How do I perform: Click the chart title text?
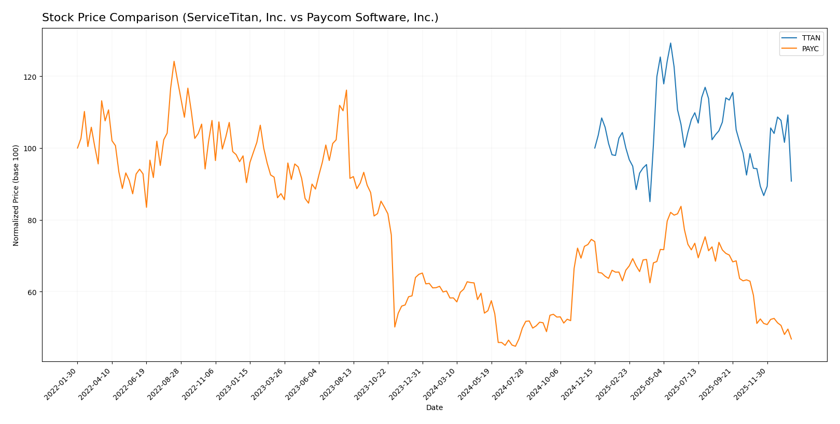(x=240, y=18)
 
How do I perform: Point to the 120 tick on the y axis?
(x=32, y=77)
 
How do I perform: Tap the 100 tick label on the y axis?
(x=32, y=149)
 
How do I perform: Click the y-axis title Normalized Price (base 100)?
(x=16, y=195)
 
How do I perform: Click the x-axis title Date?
(x=434, y=408)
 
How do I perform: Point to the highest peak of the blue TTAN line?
(x=670, y=43)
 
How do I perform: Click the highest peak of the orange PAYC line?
(x=174, y=61)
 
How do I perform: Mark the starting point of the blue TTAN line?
(x=595, y=148)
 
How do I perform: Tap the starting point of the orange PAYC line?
(x=78, y=148)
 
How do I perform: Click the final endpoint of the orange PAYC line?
(x=791, y=339)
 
